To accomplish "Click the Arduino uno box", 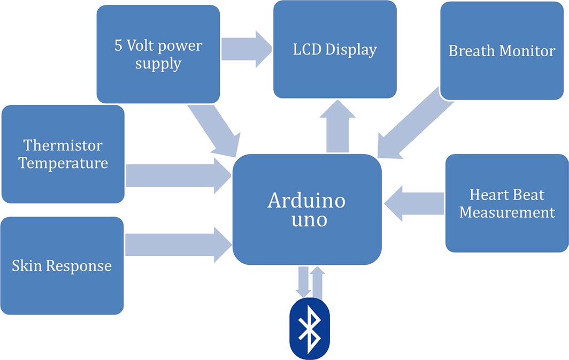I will coord(307,209).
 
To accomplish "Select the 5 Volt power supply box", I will coord(158,54).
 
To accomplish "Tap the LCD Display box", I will coord(335,50).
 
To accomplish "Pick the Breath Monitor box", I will coord(502,51).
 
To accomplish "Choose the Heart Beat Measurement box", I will coord(507,203).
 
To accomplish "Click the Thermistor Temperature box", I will coord(63,154).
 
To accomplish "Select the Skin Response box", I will coord(62,265).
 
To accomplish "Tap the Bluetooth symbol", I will coord(309,328).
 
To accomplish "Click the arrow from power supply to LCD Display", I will coord(247,49).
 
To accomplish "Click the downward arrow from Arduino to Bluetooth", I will coord(302,281).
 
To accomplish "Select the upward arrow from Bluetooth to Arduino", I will coord(318,281).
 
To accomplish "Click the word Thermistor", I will coord(63,145).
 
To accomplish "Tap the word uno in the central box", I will coord(307,219).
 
